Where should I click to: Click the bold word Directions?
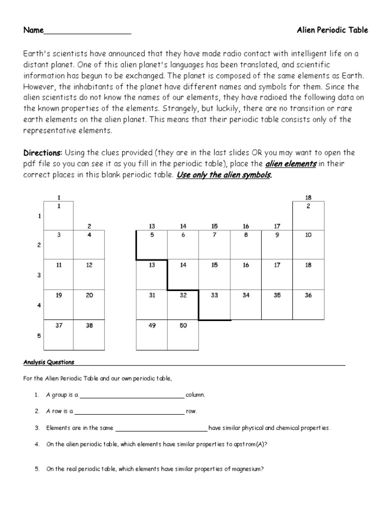point(43,153)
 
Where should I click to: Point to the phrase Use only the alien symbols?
point(224,175)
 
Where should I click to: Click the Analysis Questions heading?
point(49,362)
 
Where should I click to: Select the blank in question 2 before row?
point(129,412)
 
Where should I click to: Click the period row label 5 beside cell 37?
point(39,336)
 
